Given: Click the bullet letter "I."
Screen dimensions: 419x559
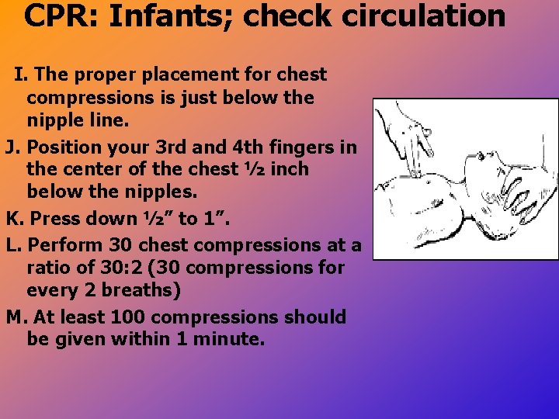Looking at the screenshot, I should [22, 75].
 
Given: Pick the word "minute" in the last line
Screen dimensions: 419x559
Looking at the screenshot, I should [231, 339].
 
